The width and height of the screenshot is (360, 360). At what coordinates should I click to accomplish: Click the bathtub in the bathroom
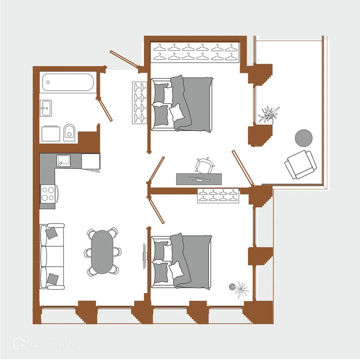[x=68, y=82]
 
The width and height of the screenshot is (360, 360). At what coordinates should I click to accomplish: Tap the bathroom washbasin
[x=46, y=108]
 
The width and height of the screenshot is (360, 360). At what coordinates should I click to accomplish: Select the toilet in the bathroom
[x=69, y=132]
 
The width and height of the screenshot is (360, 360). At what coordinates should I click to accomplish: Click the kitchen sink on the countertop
[x=64, y=160]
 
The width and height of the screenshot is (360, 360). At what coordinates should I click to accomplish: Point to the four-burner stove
[x=48, y=194]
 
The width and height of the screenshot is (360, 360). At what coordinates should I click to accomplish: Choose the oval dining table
[x=102, y=252]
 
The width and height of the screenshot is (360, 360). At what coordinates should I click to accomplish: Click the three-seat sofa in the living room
[x=52, y=256]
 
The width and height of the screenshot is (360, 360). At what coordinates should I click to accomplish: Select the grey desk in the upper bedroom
[x=199, y=179]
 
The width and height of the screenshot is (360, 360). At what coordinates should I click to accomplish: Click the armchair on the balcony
[x=301, y=165]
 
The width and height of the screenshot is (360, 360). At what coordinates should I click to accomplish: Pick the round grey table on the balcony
[x=304, y=138]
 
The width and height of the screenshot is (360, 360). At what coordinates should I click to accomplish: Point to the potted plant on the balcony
[x=268, y=114]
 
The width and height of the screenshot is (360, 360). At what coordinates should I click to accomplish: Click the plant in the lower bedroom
[x=240, y=290]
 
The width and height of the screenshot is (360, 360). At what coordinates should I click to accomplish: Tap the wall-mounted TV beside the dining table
[x=144, y=256]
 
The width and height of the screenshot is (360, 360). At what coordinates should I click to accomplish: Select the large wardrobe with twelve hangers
[x=195, y=52]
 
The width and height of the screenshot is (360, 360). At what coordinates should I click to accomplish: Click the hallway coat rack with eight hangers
[x=140, y=103]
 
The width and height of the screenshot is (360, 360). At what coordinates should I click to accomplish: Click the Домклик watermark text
[x=53, y=344]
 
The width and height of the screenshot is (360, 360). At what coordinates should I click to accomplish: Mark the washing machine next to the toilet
[x=51, y=133]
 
